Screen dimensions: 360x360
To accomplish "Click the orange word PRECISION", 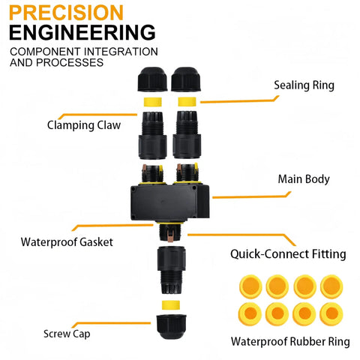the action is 66,13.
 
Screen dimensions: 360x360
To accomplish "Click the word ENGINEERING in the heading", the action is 82,32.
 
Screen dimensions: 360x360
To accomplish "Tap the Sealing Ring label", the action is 304,85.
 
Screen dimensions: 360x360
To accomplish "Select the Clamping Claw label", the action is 84,125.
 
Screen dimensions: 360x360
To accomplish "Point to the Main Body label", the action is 304,179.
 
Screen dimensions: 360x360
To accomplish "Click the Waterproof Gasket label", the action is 67,242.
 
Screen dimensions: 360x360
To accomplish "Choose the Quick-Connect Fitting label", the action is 288,254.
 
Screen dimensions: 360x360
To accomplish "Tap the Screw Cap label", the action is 67,334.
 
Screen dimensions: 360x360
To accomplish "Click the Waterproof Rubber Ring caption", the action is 290,341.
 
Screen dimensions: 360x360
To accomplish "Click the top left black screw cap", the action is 152,79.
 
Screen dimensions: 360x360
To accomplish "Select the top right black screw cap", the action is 186,79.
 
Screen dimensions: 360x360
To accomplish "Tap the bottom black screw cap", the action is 171,326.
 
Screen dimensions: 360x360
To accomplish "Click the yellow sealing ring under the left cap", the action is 152,102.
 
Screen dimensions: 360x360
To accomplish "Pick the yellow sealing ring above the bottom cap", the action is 171,305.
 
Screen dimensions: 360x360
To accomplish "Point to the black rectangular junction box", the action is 169,202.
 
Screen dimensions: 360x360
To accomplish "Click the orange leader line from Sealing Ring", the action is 239,101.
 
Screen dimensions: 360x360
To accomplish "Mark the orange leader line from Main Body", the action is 252,196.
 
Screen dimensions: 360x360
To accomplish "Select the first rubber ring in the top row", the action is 250,286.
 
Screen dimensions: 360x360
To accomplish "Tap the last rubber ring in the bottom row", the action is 331,313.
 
